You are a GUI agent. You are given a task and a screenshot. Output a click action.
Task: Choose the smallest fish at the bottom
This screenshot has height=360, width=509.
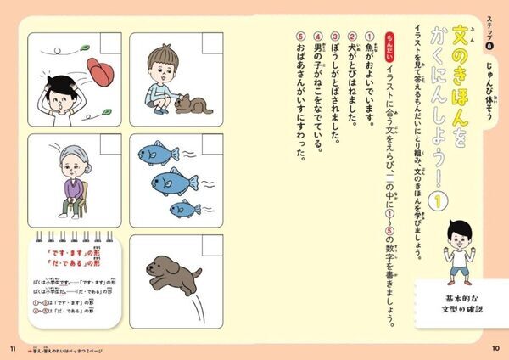tap(185, 206)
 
